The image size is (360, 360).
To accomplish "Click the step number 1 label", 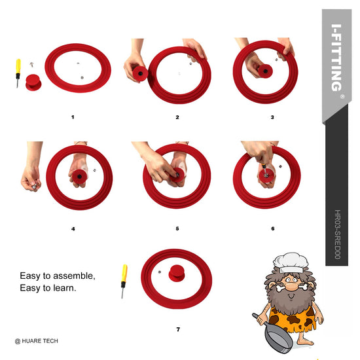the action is (x=73, y=117).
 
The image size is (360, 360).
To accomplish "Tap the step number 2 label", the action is (x=177, y=117).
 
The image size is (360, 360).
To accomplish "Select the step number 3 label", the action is (x=272, y=117).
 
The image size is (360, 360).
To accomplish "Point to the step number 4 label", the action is (x=73, y=228).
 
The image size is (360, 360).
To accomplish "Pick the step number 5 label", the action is (x=177, y=228).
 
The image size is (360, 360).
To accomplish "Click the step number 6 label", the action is (x=273, y=228).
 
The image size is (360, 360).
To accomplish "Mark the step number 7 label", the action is (x=178, y=329).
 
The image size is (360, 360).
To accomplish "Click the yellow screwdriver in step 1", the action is (x=18, y=73).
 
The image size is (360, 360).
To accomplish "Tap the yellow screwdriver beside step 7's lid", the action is (x=124, y=281).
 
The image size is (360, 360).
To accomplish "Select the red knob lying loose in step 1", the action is (x=33, y=82).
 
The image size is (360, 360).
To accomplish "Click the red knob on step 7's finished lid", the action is (x=177, y=274).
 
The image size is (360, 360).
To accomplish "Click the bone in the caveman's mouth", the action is (x=291, y=287).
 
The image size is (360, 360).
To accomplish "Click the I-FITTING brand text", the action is (x=337, y=58).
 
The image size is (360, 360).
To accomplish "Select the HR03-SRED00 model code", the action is (x=337, y=234).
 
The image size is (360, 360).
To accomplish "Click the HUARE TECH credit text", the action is (x=36, y=341).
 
